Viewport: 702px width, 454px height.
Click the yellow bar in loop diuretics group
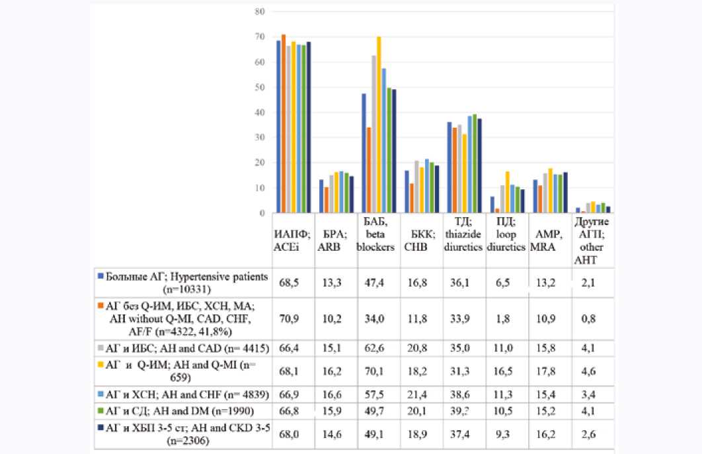pos(507,192)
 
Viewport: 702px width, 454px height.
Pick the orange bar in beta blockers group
pos(368,170)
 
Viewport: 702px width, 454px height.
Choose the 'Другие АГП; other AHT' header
pos(592,243)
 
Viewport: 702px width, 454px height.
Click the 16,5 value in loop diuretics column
pos(506,371)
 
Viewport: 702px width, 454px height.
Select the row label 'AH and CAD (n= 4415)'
pos(188,348)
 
